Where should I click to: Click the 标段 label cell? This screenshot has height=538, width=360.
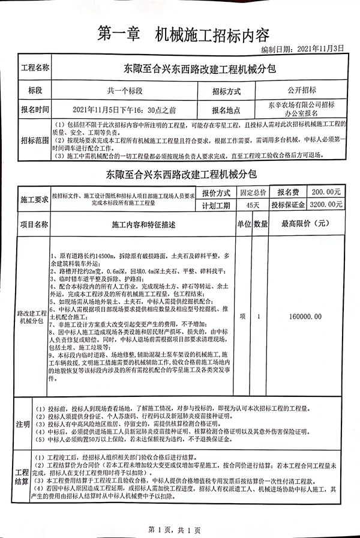click(x=35, y=90)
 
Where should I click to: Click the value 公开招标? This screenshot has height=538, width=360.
click(x=301, y=90)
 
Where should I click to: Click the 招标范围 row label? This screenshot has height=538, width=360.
click(x=35, y=141)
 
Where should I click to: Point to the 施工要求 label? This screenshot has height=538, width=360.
click(x=34, y=199)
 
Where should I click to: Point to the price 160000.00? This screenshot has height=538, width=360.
click(x=305, y=316)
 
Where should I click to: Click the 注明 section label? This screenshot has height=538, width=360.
click(x=23, y=424)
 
